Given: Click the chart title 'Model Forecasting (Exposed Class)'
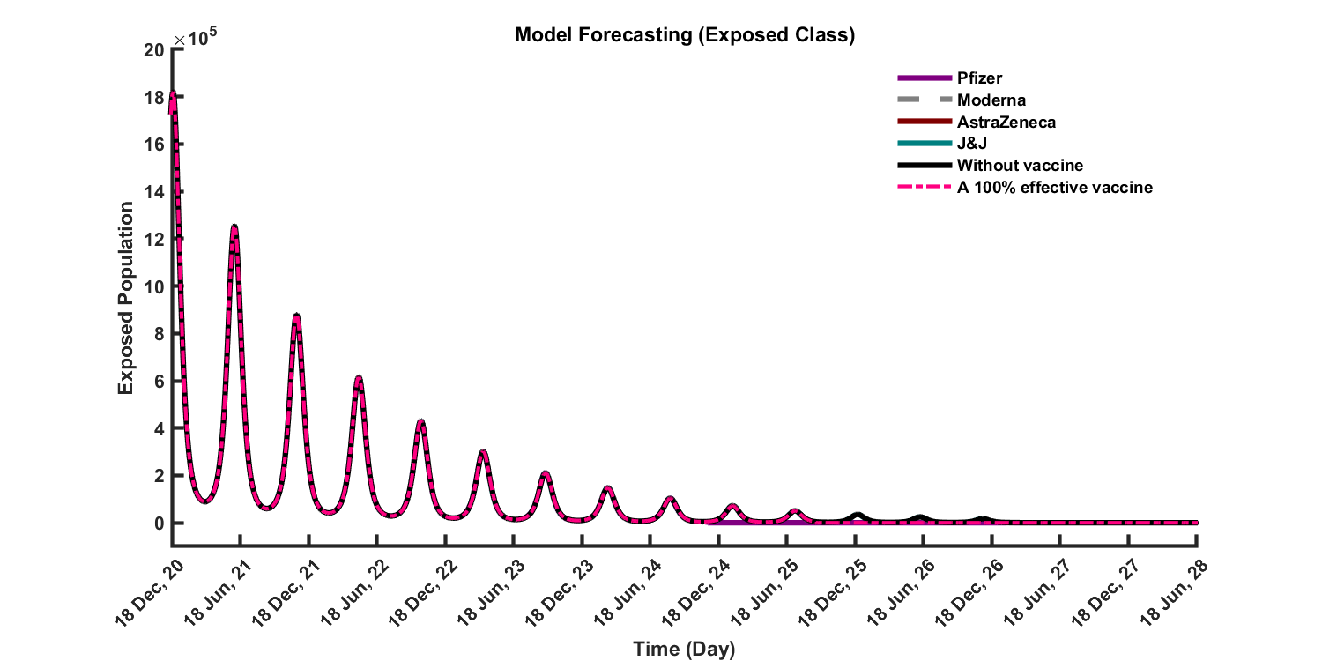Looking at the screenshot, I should pyautogui.click(x=685, y=35).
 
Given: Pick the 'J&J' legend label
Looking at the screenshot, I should pyautogui.click(x=971, y=144).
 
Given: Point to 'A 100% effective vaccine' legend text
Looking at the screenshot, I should pyautogui.click(x=1054, y=188).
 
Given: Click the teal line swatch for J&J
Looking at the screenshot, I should pyautogui.click(x=925, y=144).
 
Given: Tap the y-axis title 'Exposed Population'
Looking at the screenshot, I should pyautogui.click(x=126, y=298).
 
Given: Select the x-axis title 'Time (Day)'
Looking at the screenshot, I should pyautogui.click(x=684, y=650).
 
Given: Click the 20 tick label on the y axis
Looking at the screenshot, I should pyautogui.click(x=153, y=49).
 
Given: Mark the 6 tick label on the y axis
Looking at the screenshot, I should pyautogui.click(x=159, y=381).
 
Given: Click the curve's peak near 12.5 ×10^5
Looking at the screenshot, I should pyautogui.click(x=234, y=227).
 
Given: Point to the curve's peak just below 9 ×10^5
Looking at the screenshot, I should pyautogui.click(x=297, y=315).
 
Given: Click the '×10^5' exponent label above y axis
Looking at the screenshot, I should pyautogui.click(x=189, y=39).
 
